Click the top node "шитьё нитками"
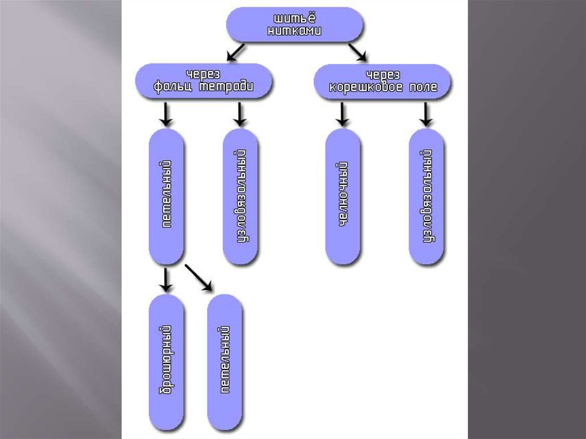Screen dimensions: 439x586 [295, 26]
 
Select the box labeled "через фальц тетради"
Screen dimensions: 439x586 [204, 81]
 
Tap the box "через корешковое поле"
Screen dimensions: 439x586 [382, 82]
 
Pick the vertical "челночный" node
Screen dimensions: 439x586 [343, 196]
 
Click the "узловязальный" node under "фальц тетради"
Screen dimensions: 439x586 [240, 196]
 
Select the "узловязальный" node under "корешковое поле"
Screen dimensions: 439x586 [426, 196]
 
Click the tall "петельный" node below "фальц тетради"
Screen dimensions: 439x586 [167, 196]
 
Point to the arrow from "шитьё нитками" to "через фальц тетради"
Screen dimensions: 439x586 [236, 52]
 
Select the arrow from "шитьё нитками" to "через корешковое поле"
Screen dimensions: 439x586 [357, 52]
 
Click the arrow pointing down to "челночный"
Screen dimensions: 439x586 [342, 114]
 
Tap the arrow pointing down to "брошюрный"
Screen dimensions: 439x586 [166, 279]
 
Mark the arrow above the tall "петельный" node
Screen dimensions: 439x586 [166, 114]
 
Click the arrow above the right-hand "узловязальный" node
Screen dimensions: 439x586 [426, 114]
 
